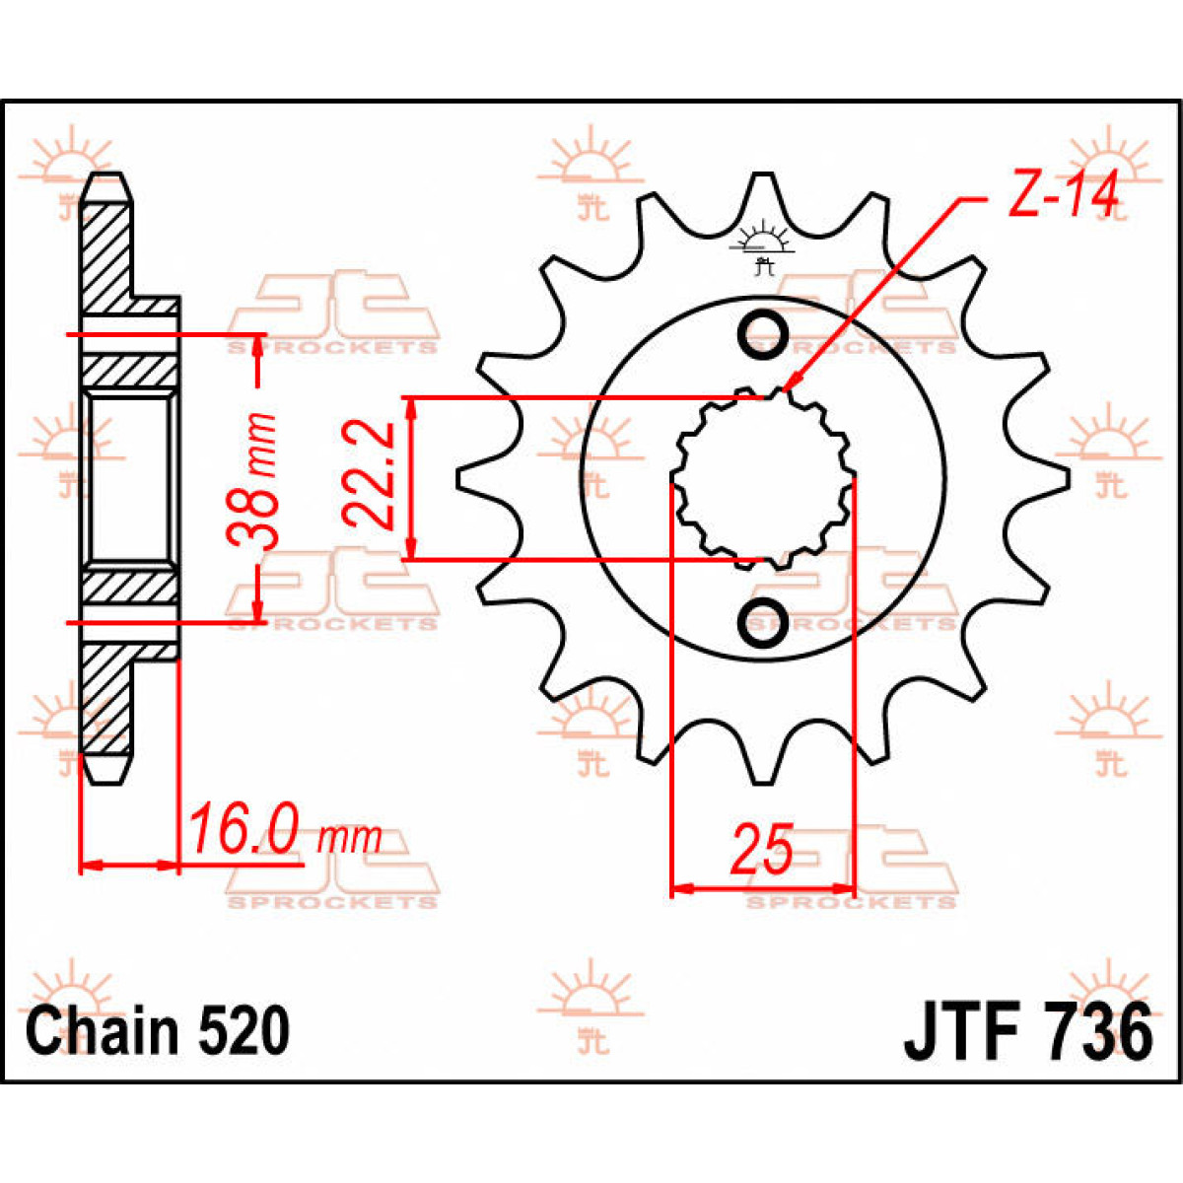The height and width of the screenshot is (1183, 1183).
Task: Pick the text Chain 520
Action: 158,1031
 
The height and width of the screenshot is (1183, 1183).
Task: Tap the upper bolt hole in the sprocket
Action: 762,333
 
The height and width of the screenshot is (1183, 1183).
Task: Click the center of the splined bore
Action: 762,478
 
